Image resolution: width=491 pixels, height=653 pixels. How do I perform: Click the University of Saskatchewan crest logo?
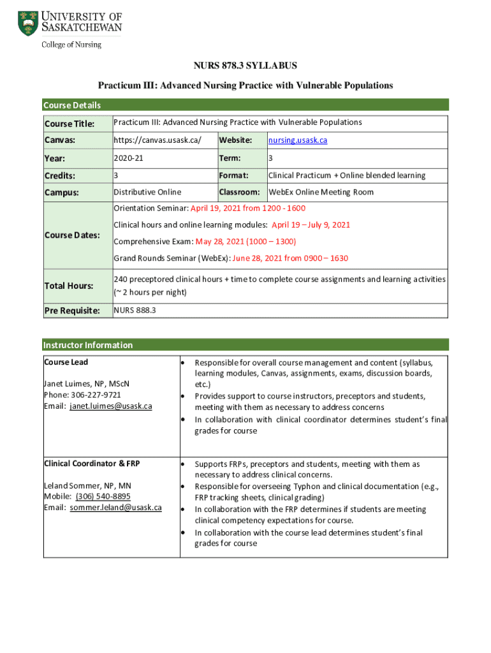point(28,23)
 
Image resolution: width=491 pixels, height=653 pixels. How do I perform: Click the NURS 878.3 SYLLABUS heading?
point(246,66)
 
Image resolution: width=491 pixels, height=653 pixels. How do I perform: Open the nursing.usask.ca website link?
point(298,140)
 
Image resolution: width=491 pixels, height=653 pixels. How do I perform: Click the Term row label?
point(230,158)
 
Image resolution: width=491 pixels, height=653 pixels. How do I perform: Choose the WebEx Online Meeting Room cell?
point(320,192)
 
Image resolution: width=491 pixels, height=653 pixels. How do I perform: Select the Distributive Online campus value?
point(147,192)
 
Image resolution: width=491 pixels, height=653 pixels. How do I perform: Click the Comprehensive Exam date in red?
point(246,242)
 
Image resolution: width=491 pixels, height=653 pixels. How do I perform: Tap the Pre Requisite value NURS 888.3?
point(135,310)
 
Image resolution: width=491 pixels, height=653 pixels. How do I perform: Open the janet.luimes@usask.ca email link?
point(111,406)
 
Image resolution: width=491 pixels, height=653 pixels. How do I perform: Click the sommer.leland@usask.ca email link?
point(115,508)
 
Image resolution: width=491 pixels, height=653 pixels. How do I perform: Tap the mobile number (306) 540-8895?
point(103,496)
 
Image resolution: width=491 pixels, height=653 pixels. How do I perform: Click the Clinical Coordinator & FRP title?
point(92,463)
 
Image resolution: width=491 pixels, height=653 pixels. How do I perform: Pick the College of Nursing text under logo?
point(71,45)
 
